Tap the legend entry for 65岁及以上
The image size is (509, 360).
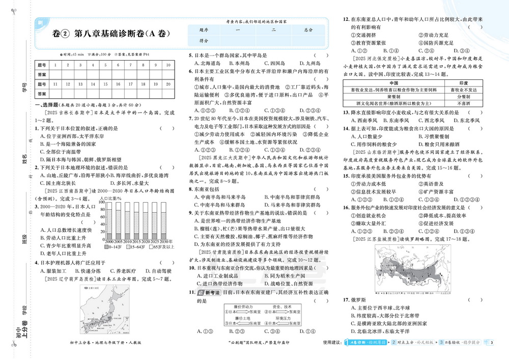[157, 246]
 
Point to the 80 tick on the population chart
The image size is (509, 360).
[103, 209]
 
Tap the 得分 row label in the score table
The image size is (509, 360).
[204, 40]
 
